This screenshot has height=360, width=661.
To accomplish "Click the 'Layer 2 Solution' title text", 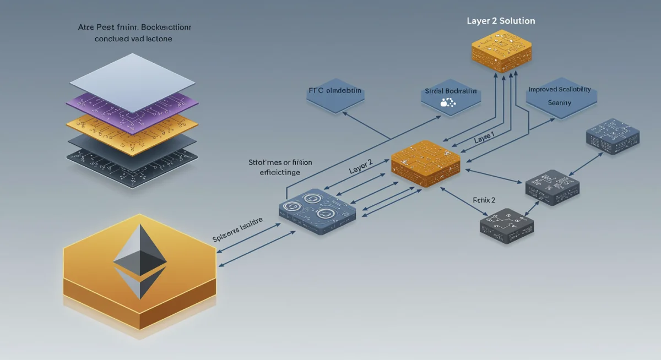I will coord(500,20).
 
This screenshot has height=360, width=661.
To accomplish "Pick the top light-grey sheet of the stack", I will coord(132,83).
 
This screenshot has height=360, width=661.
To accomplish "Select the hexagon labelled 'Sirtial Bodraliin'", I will coord(451,95).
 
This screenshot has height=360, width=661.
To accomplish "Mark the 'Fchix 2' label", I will coord(484,200).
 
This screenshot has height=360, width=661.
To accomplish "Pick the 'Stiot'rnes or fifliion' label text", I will coord(280,162).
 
